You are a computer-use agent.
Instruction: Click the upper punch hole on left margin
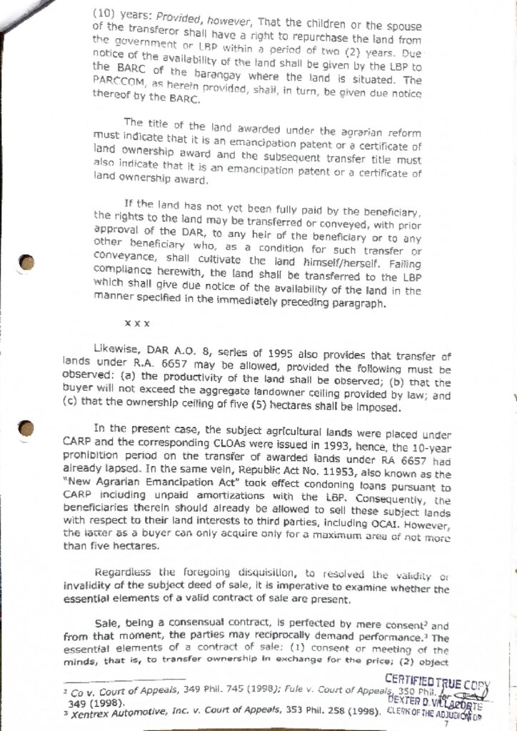pos(27,263)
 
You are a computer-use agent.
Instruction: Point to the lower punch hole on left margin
pos(27,428)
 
